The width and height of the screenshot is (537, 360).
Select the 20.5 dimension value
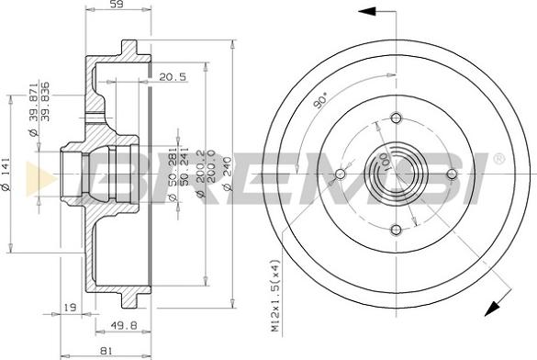tap(173, 77)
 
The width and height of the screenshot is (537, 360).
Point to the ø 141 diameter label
tap(6, 174)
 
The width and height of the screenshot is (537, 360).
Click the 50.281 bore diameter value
tap(173, 167)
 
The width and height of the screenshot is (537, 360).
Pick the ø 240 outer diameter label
tap(228, 174)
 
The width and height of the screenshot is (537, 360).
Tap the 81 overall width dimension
tap(106, 351)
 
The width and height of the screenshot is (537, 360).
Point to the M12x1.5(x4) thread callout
tap(275, 296)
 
